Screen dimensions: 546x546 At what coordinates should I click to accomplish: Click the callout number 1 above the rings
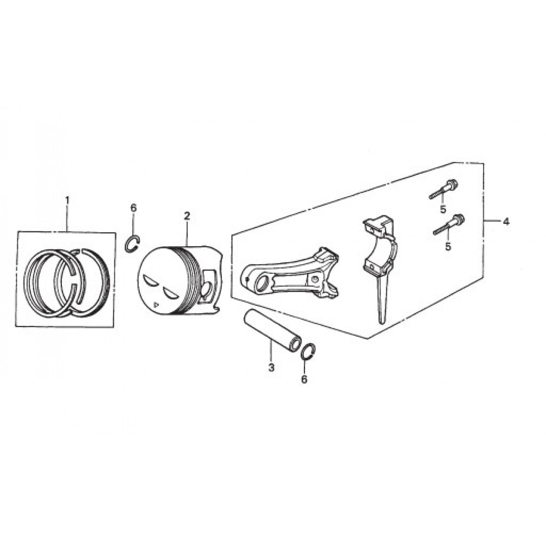[67, 200]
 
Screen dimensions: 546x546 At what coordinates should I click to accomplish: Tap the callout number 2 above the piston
[187, 216]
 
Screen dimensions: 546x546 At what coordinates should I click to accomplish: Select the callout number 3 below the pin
[271, 367]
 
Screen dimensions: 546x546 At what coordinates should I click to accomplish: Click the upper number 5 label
[442, 210]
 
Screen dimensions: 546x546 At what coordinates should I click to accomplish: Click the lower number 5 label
[448, 246]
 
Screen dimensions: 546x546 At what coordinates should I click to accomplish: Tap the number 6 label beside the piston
[133, 208]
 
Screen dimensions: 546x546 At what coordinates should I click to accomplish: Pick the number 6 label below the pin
[304, 379]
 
